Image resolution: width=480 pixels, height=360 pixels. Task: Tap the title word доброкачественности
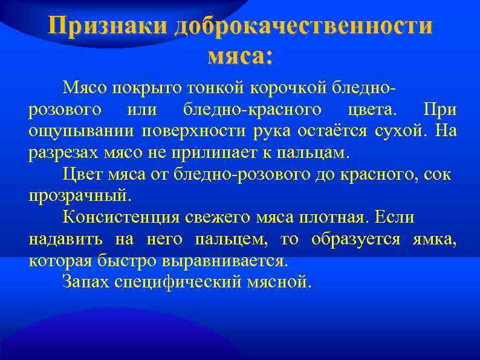coord(304,27)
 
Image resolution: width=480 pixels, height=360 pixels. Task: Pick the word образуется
coord(355,239)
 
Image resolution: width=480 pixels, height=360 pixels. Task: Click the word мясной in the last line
coord(280,282)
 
